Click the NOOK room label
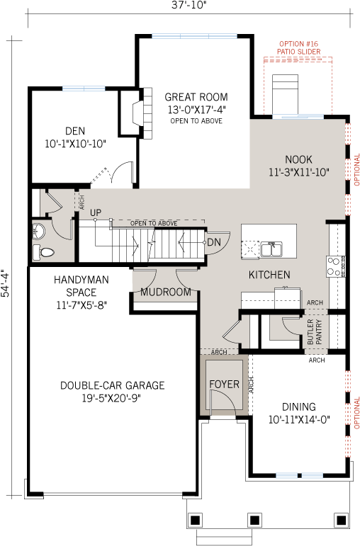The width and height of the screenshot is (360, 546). point(298,160)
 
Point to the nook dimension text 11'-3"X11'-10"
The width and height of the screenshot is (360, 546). point(298,172)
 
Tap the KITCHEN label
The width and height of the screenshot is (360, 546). point(269,275)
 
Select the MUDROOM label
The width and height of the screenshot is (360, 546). point(166,292)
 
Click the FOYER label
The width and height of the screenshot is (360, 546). point(224,385)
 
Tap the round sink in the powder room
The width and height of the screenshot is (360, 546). point(40,230)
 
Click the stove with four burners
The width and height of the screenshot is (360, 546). point(334,266)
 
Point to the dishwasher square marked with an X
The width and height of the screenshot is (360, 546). point(250,249)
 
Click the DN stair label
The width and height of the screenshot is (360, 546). point(214,242)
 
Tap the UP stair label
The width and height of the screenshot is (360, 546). point(96,212)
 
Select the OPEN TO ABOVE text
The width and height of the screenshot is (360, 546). point(153,224)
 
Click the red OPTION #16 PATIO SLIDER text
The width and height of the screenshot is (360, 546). point(298,48)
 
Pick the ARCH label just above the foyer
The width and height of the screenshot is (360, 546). point(219,352)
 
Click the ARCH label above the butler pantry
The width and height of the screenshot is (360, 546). point(315,302)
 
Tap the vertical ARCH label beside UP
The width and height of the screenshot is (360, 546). point(82,202)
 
